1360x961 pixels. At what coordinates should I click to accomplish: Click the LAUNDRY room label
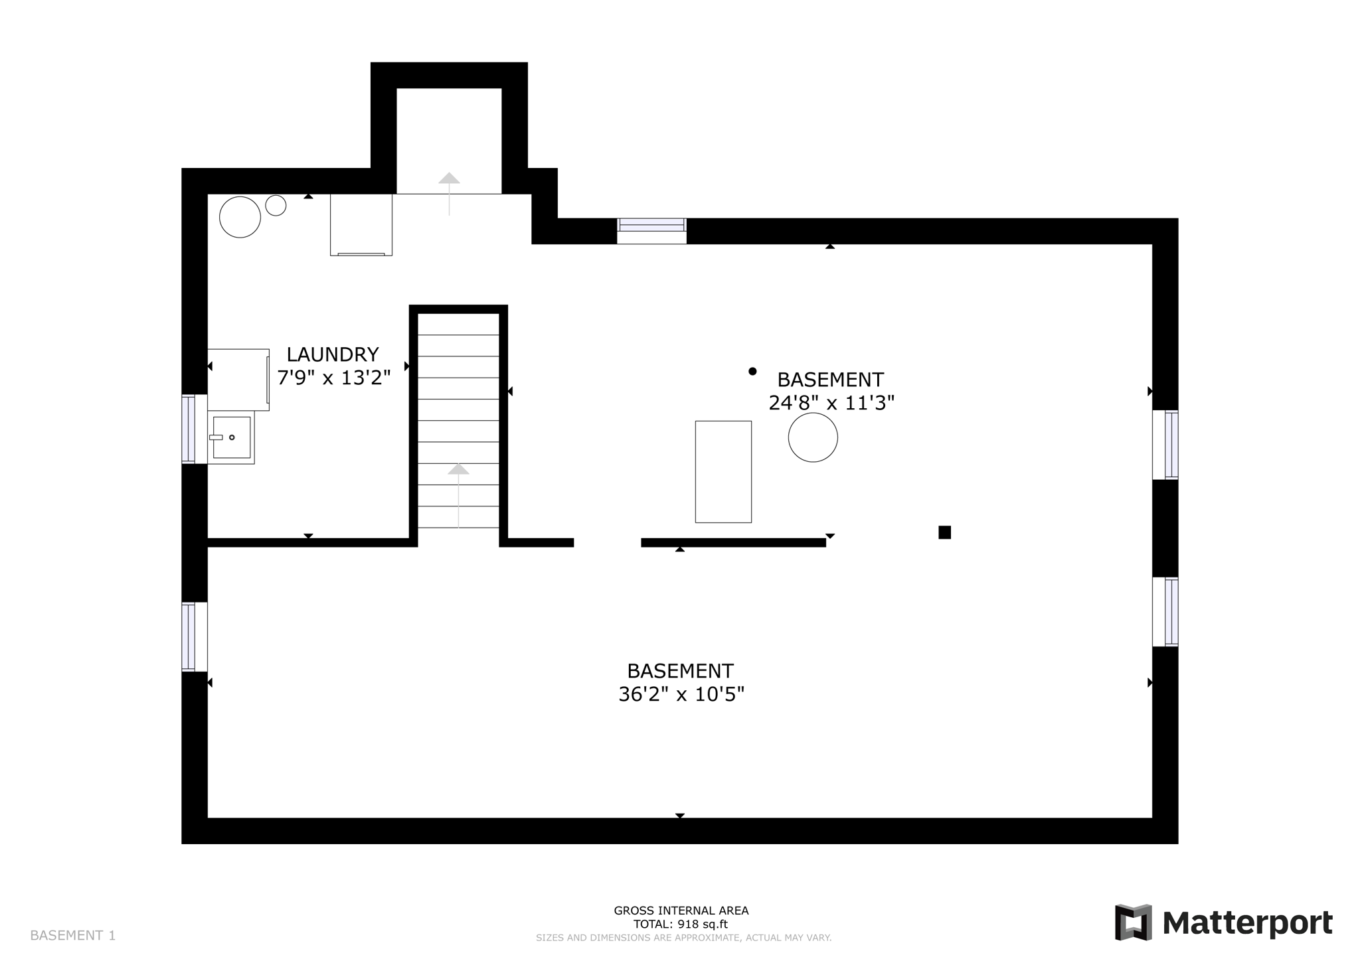click(x=332, y=354)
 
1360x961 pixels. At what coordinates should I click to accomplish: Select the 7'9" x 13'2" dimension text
click(x=333, y=378)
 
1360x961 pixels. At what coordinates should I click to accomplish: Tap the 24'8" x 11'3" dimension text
click(x=831, y=403)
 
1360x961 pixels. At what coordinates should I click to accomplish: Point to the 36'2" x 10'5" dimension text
click(x=681, y=694)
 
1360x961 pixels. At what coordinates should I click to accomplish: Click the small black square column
click(x=944, y=532)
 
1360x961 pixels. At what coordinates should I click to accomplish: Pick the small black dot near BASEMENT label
click(x=752, y=372)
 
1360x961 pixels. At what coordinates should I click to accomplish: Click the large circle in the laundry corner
click(x=240, y=217)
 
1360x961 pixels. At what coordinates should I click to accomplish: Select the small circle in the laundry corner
click(x=276, y=206)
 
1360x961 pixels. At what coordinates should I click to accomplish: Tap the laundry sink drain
click(x=232, y=437)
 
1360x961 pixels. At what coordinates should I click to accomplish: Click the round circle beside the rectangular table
click(x=813, y=437)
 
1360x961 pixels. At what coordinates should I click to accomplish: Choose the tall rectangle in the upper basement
click(x=723, y=472)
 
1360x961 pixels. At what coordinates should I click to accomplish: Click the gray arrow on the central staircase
click(x=458, y=470)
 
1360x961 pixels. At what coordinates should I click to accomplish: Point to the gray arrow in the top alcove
click(x=449, y=179)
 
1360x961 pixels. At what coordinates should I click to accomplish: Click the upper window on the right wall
click(x=1165, y=445)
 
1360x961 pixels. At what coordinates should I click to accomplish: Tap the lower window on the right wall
click(x=1165, y=612)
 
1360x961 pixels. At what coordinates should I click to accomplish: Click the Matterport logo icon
click(x=1133, y=923)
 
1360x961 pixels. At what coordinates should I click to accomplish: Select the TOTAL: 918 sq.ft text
click(x=681, y=924)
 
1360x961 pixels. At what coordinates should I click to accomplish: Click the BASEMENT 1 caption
click(x=73, y=936)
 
